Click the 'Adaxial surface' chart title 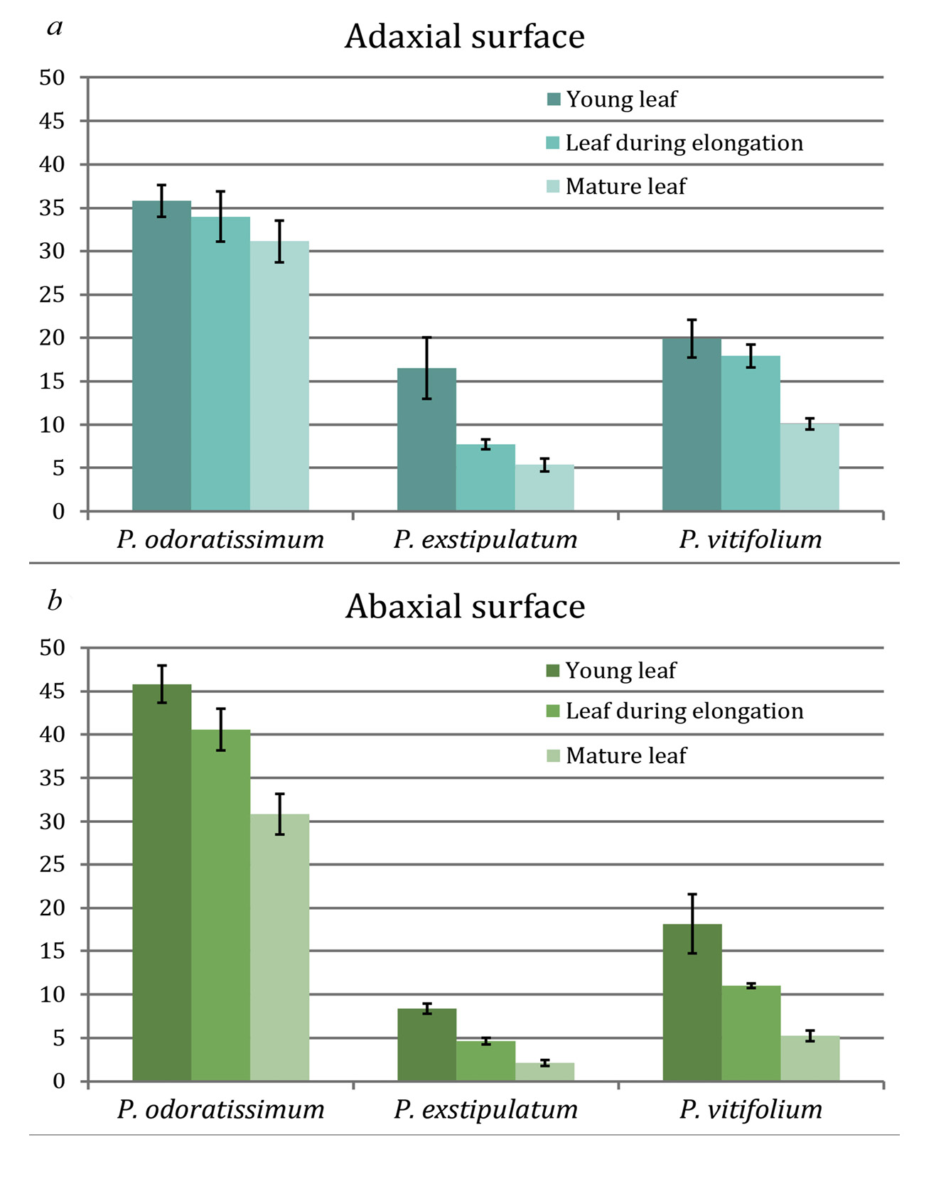[x=464, y=37]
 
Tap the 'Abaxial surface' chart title [x=465, y=608]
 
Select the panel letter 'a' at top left [x=55, y=28]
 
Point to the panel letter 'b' [x=55, y=601]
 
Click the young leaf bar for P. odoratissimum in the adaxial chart [x=161, y=355]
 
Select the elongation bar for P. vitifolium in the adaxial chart [x=751, y=433]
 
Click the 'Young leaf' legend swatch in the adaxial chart [x=554, y=99]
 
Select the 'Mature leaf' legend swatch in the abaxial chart [x=554, y=755]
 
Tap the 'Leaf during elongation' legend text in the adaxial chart [x=684, y=143]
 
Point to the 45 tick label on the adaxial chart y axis [x=51, y=122]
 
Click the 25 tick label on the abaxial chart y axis [x=51, y=865]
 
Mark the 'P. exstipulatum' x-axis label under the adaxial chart [x=485, y=539]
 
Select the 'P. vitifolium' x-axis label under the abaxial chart [x=751, y=1109]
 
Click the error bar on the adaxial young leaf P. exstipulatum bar [x=427, y=368]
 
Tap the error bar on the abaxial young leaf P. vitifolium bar [x=692, y=923]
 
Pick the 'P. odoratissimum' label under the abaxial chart [x=220, y=1109]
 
